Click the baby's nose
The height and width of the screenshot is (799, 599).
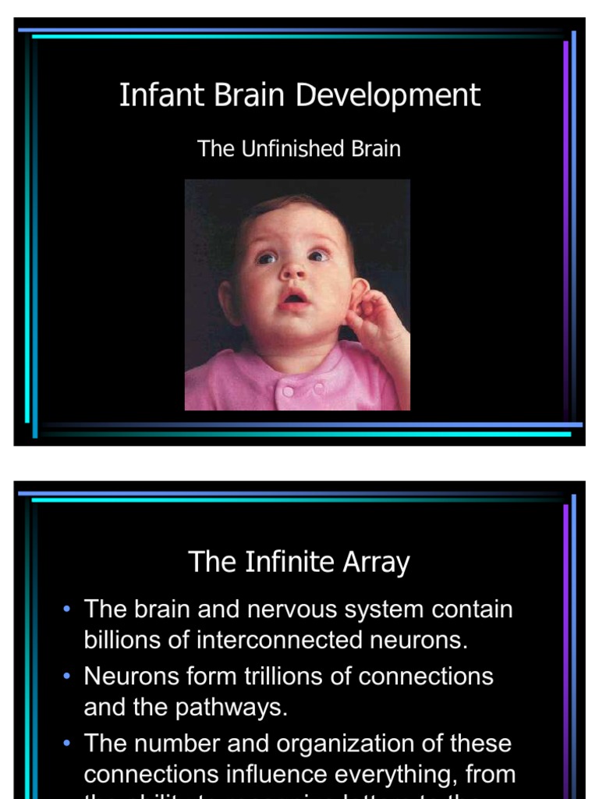(x=294, y=271)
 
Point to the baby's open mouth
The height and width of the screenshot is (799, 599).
(x=296, y=299)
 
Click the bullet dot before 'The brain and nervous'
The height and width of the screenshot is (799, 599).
(x=68, y=609)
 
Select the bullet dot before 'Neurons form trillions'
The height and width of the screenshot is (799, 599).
(x=68, y=676)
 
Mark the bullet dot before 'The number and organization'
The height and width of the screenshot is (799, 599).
(x=68, y=743)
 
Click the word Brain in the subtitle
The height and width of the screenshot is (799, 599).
(x=375, y=148)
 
